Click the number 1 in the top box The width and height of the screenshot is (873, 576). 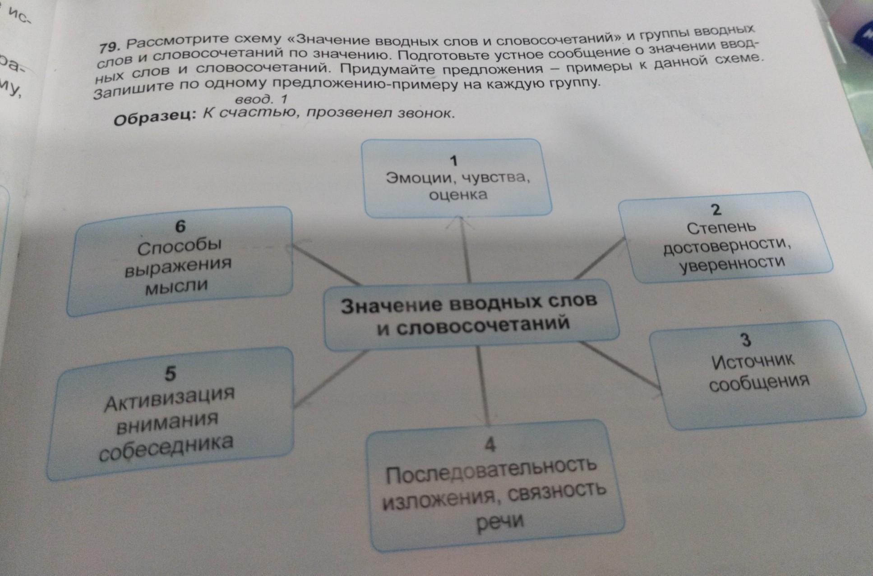point(454,160)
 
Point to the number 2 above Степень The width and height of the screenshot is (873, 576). point(716,210)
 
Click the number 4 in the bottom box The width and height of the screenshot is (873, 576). point(490,445)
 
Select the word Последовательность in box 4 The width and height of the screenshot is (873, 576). point(491,469)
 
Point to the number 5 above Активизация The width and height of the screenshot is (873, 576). point(170,374)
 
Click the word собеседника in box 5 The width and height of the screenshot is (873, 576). point(166,448)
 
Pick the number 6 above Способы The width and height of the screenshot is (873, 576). point(180,226)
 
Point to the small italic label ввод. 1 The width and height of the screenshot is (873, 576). point(261,99)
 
